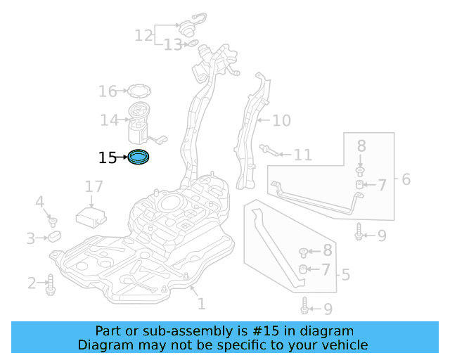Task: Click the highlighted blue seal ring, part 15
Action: tap(139, 158)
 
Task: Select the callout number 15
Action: tap(108, 158)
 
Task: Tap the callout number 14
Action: tap(109, 120)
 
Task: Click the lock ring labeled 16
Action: tap(139, 91)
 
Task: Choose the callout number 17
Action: tap(94, 186)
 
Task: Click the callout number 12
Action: tap(143, 34)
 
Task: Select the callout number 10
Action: tap(281, 121)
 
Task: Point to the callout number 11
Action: tap(302, 154)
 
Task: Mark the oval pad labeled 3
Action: tap(56, 236)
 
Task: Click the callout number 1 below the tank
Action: tap(201, 304)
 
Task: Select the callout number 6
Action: tap(406, 180)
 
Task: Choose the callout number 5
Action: tap(345, 274)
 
